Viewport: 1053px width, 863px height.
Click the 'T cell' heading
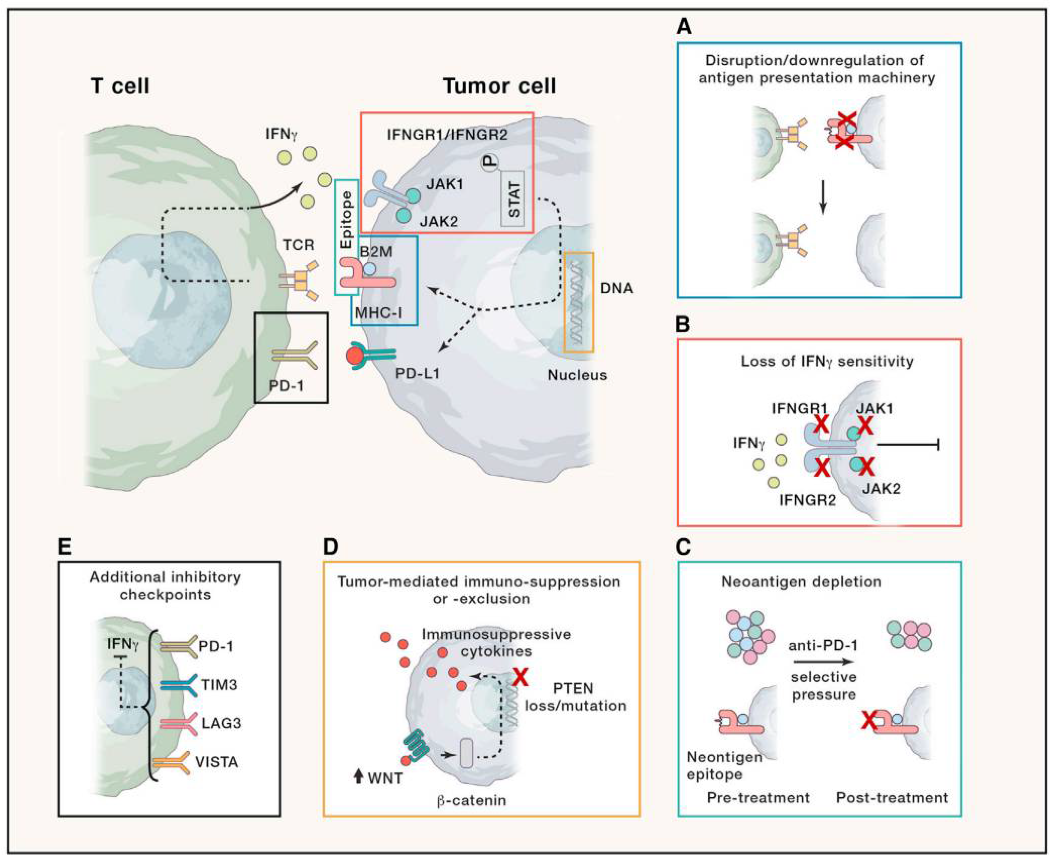(x=120, y=86)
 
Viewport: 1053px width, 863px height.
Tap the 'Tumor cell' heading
(x=499, y=86)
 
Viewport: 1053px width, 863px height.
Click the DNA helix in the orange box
(x=578, y=302)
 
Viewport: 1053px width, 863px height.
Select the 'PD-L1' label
(x=417, y=373)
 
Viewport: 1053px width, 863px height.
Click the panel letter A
(x=684, y=26)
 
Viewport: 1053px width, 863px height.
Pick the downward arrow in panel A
(x=823, y=197)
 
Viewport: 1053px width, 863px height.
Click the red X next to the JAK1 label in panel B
(x=866, y=425)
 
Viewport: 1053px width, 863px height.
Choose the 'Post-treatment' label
(x=892, y=798)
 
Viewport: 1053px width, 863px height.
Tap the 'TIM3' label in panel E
(x=219, y=685)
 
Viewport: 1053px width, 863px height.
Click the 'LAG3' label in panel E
(x=221, y=723)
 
